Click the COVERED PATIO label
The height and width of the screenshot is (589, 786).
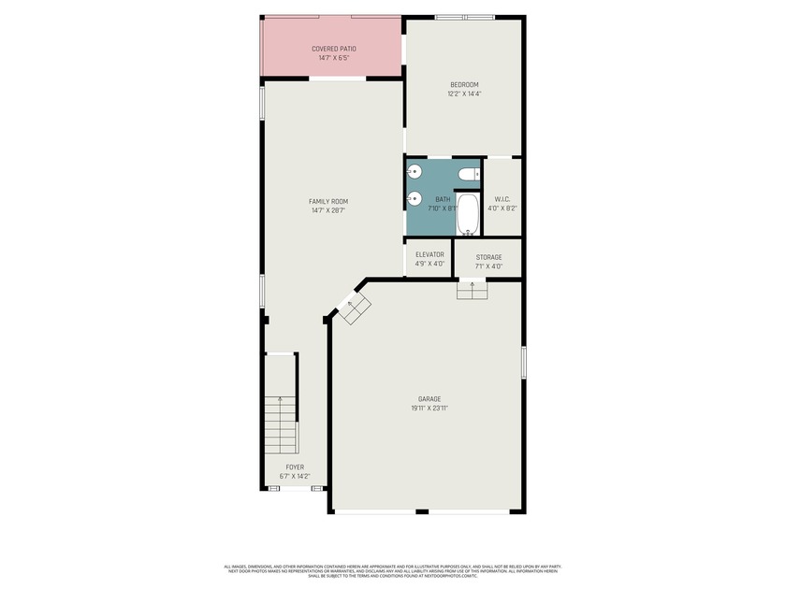pos(333,49)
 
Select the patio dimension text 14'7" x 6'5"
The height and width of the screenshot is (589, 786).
pos(333,58)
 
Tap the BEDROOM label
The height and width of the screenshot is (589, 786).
pos(463,84)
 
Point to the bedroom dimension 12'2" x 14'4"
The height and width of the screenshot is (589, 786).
pos(463,93)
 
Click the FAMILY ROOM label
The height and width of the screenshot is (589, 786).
pos(328,201)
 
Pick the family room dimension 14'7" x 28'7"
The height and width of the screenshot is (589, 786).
pos(328,210)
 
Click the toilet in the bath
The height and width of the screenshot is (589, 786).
pos(468,174)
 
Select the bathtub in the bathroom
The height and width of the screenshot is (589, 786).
pos(468,215)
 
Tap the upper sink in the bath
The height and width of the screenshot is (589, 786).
pos(414,173)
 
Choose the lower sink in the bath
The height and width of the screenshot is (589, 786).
pos(414,198)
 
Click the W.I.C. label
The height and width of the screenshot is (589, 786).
pos(502,198)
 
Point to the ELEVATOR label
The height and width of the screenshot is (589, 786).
pos(429,254)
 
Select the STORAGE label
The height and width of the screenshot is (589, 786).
pos(488,257)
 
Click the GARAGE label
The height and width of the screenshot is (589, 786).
pos(429,399)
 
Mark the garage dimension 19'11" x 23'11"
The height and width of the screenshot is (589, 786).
pos(429,409)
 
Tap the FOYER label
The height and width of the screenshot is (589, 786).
pos(295,467)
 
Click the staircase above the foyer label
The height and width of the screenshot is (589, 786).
pos(280,423)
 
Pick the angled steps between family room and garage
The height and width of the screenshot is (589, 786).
pos(355,309)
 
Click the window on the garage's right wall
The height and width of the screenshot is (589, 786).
pos(524,362)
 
